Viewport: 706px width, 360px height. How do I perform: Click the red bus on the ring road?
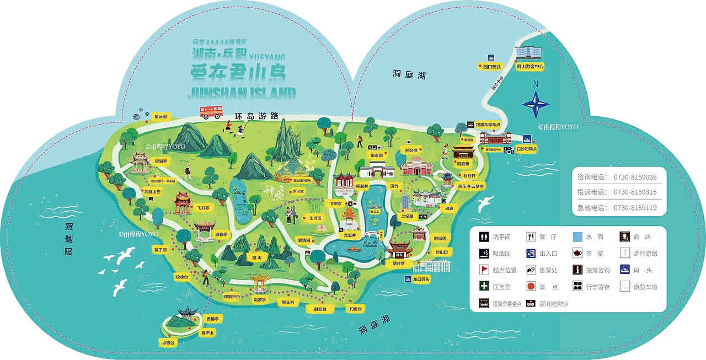(x=211, y=112)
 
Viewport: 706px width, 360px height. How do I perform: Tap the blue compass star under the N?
(x=536, y=103)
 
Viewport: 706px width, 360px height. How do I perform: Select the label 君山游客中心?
(x=530, y=66)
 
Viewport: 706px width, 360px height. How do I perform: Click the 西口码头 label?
(x=489, y=67)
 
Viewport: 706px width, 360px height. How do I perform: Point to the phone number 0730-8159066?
(x=635, y=178)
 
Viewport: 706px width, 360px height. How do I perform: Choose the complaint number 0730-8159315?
(x=635, y=192)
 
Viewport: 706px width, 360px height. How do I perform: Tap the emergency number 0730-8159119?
(x=635, y=208)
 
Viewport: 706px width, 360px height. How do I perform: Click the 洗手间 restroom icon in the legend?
(x=484, y=237)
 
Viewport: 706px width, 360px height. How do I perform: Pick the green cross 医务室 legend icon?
(x=484, y=287)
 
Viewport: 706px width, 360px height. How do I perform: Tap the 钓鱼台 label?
(x=355, y=309)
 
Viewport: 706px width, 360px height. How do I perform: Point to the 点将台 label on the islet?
(x=168, y=342)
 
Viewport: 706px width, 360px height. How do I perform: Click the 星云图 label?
(x=160, y=117)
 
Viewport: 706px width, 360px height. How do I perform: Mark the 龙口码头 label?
(x=420, y=280)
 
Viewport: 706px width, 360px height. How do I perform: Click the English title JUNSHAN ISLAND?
(x=242, y=92)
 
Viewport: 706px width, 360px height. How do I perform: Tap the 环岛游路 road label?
(x=256, y=116)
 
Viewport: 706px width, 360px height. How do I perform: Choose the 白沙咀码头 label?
(x=526, y=149)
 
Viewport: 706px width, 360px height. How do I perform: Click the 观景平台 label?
(x=232, y=297)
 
